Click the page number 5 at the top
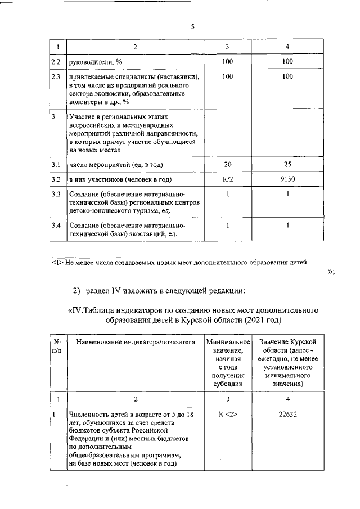[192, 26]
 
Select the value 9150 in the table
[287, 179]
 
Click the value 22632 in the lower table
[287, 415]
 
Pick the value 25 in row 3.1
[287, 165]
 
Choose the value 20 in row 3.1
[228, 165]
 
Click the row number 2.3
[56, 76]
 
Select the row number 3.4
[56, 226]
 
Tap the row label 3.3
[56, 194]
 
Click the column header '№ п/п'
[57, 346]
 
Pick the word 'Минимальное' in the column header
[228, 341]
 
